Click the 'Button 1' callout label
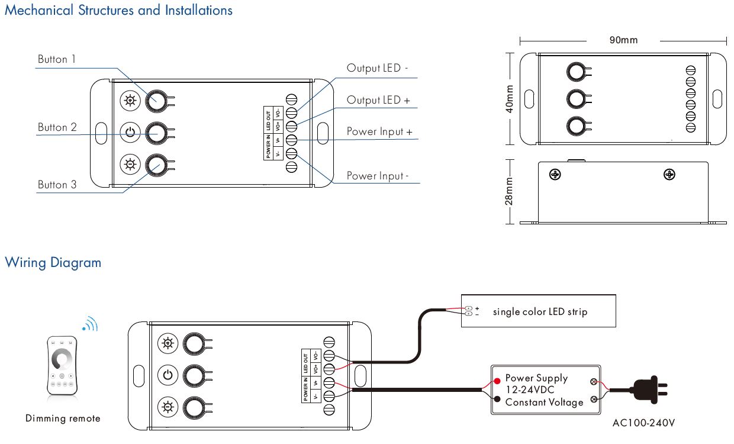tap(57, 59)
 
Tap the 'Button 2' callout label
tap(57, 127)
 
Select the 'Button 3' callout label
tap(57, 185)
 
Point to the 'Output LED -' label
tap(377, 69)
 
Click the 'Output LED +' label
tap(378, 100)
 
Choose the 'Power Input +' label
tap(379, 131)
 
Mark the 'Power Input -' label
tap(377, 176)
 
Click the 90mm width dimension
tap(623, 40)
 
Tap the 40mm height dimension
tap(510, 98)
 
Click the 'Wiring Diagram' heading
tap(53, 262)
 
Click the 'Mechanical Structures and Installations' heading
tap(118, 11)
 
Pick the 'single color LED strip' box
tap(539, 311)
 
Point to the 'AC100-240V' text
tap(643, 423)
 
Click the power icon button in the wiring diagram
tap(168, 375)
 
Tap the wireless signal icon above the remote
tap(91, 324)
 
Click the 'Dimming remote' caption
tap(63, 419)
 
